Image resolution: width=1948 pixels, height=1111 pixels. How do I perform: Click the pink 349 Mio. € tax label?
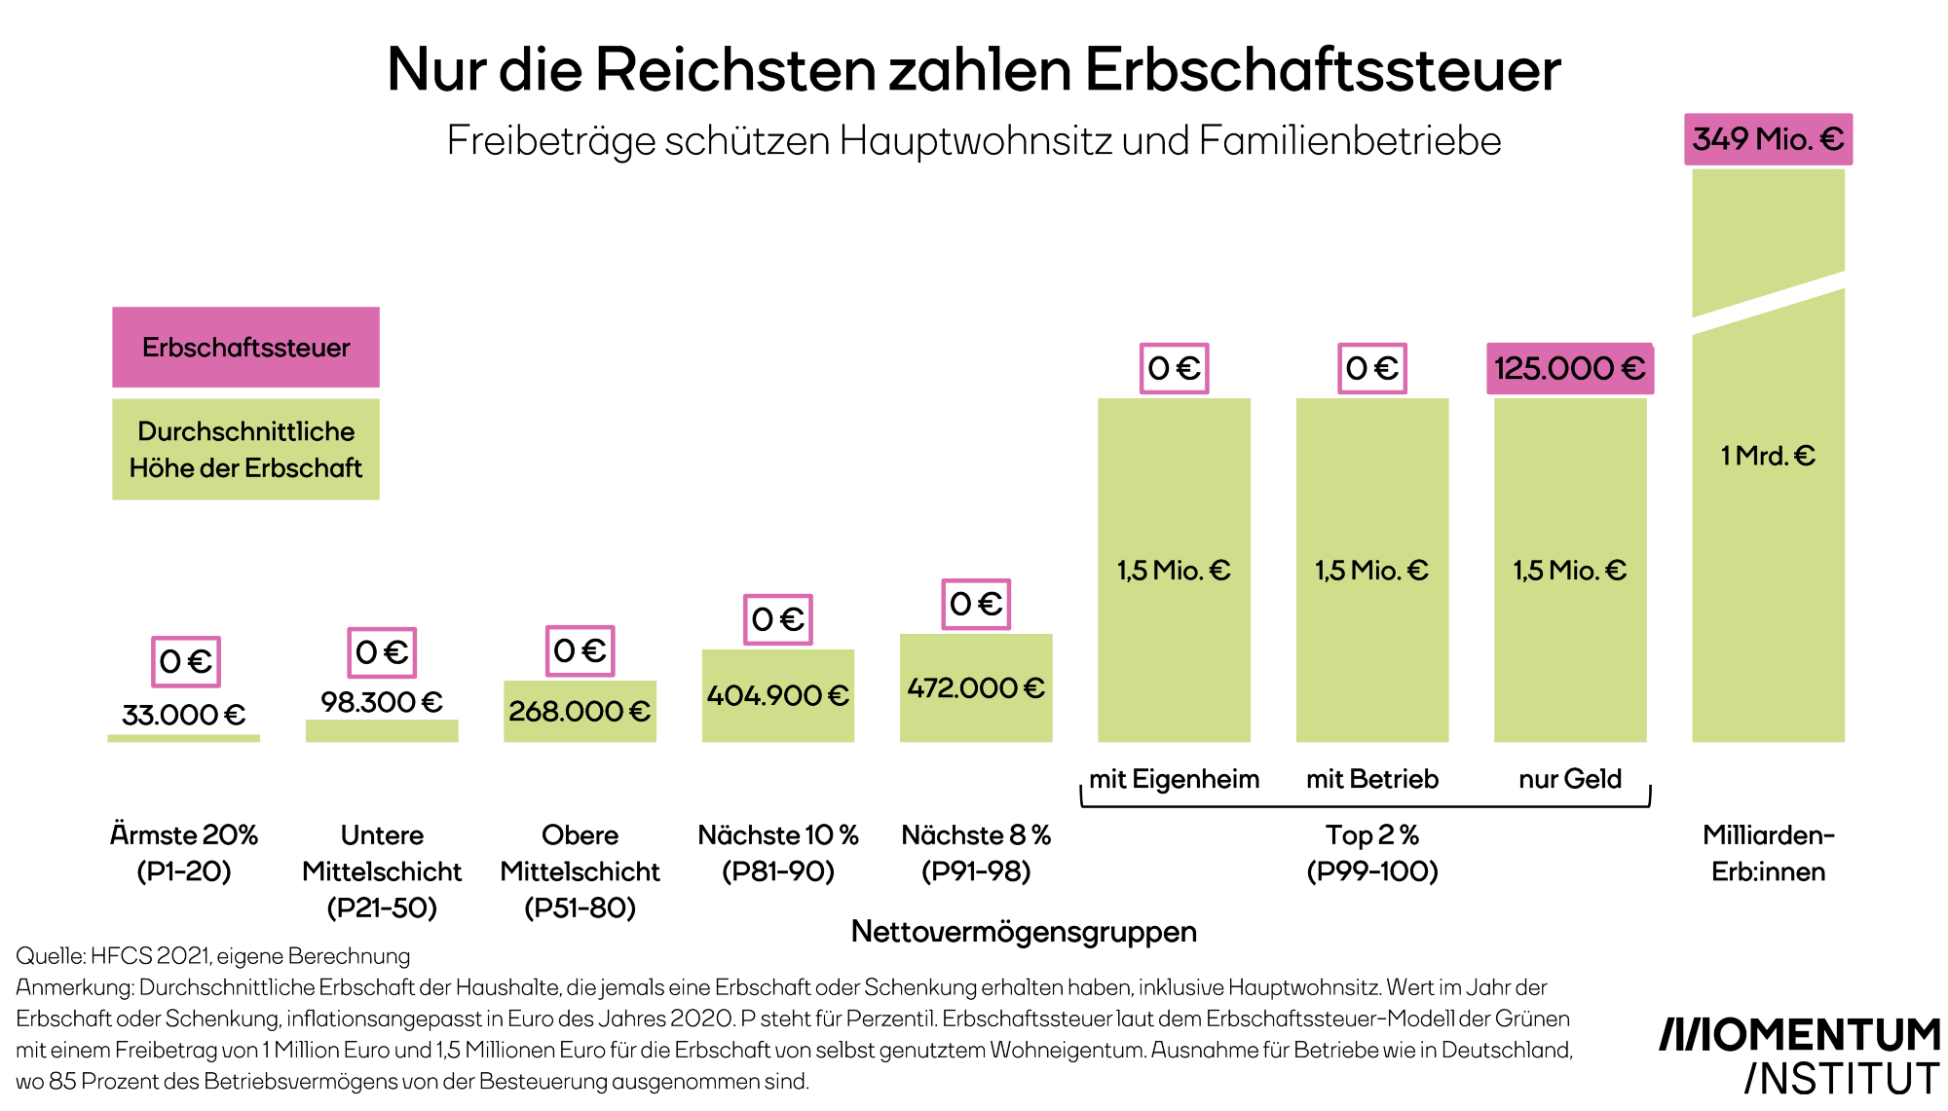(x=1768, y=139)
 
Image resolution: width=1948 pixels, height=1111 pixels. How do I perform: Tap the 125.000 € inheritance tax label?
(x=1569, y=368)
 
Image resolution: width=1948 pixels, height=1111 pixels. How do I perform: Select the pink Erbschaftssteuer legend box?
(x=245, y=348)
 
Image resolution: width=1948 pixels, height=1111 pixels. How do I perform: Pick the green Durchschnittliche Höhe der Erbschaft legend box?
(x=245, y=450)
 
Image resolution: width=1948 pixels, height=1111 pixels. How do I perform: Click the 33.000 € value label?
(x=183, y=715)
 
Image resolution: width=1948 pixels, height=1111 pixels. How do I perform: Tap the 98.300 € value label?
(x=381, y=702)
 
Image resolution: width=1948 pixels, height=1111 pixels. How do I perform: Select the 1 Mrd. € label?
(x=1768, y=456)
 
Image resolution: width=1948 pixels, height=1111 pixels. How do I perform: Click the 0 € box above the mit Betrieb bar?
(x=1371, y=368)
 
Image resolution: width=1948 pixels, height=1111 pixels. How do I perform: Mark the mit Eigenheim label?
(x=1174, y=779)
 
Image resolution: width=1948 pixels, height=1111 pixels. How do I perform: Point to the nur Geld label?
(x=1569, y=779)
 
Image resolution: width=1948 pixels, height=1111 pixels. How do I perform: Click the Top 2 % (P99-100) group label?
(x=1371, y=853)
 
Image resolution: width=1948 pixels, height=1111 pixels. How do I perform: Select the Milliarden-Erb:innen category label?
(x=1768, y=853)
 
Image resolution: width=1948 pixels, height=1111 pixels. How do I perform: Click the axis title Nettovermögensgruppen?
(x=1024, y=932)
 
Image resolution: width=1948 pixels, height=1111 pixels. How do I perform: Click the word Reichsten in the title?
(x=735, y=70)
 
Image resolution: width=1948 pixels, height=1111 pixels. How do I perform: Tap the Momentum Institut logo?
(x=1800, y=1055)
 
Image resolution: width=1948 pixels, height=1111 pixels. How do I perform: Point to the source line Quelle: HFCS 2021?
(x=212, y=956)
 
